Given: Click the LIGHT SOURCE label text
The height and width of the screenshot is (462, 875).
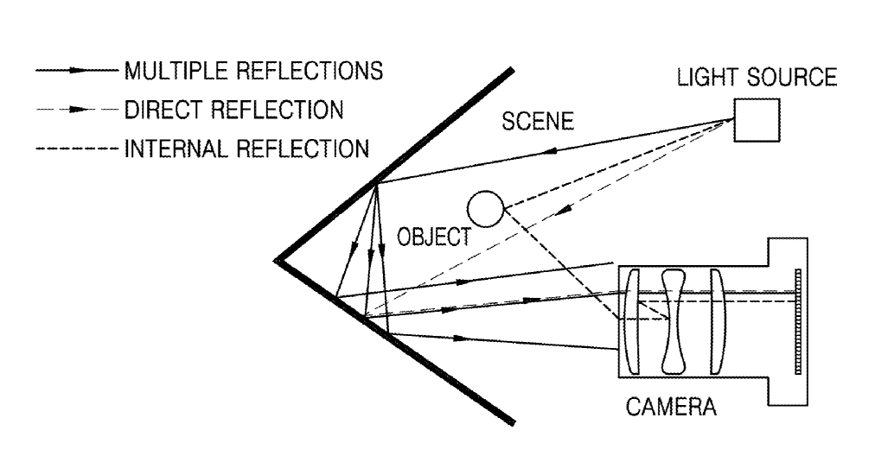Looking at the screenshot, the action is (757, 77).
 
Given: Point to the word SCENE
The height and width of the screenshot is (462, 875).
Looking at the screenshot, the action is (538, 121).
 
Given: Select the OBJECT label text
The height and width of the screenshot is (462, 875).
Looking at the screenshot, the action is (434, 237).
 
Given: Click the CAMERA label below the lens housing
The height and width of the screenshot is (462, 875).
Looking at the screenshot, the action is (671, 407).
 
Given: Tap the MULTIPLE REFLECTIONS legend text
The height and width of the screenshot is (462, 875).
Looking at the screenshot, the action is (254, 71).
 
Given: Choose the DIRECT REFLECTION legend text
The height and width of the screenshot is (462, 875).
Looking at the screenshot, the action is (233, 110).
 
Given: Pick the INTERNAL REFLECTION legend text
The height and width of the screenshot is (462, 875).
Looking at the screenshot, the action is (246, 149).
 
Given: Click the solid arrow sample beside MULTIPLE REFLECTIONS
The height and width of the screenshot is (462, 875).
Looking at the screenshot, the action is (77, 71).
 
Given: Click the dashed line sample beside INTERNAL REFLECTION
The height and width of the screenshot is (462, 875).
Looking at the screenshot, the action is (77, 149).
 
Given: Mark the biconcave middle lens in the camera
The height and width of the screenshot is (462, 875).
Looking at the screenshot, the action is (673, 321).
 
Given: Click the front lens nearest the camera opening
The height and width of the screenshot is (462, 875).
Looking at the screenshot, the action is (632, 321).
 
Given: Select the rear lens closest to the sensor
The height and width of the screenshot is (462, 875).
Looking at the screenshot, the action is (719, 321).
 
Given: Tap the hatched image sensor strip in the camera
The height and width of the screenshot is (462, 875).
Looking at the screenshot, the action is (798, 321).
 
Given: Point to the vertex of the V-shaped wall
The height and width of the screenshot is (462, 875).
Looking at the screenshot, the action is (277, 260).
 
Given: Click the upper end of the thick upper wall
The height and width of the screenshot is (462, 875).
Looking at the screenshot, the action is (511, 70).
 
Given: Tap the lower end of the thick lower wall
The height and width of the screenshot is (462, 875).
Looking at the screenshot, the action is (512, 422).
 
